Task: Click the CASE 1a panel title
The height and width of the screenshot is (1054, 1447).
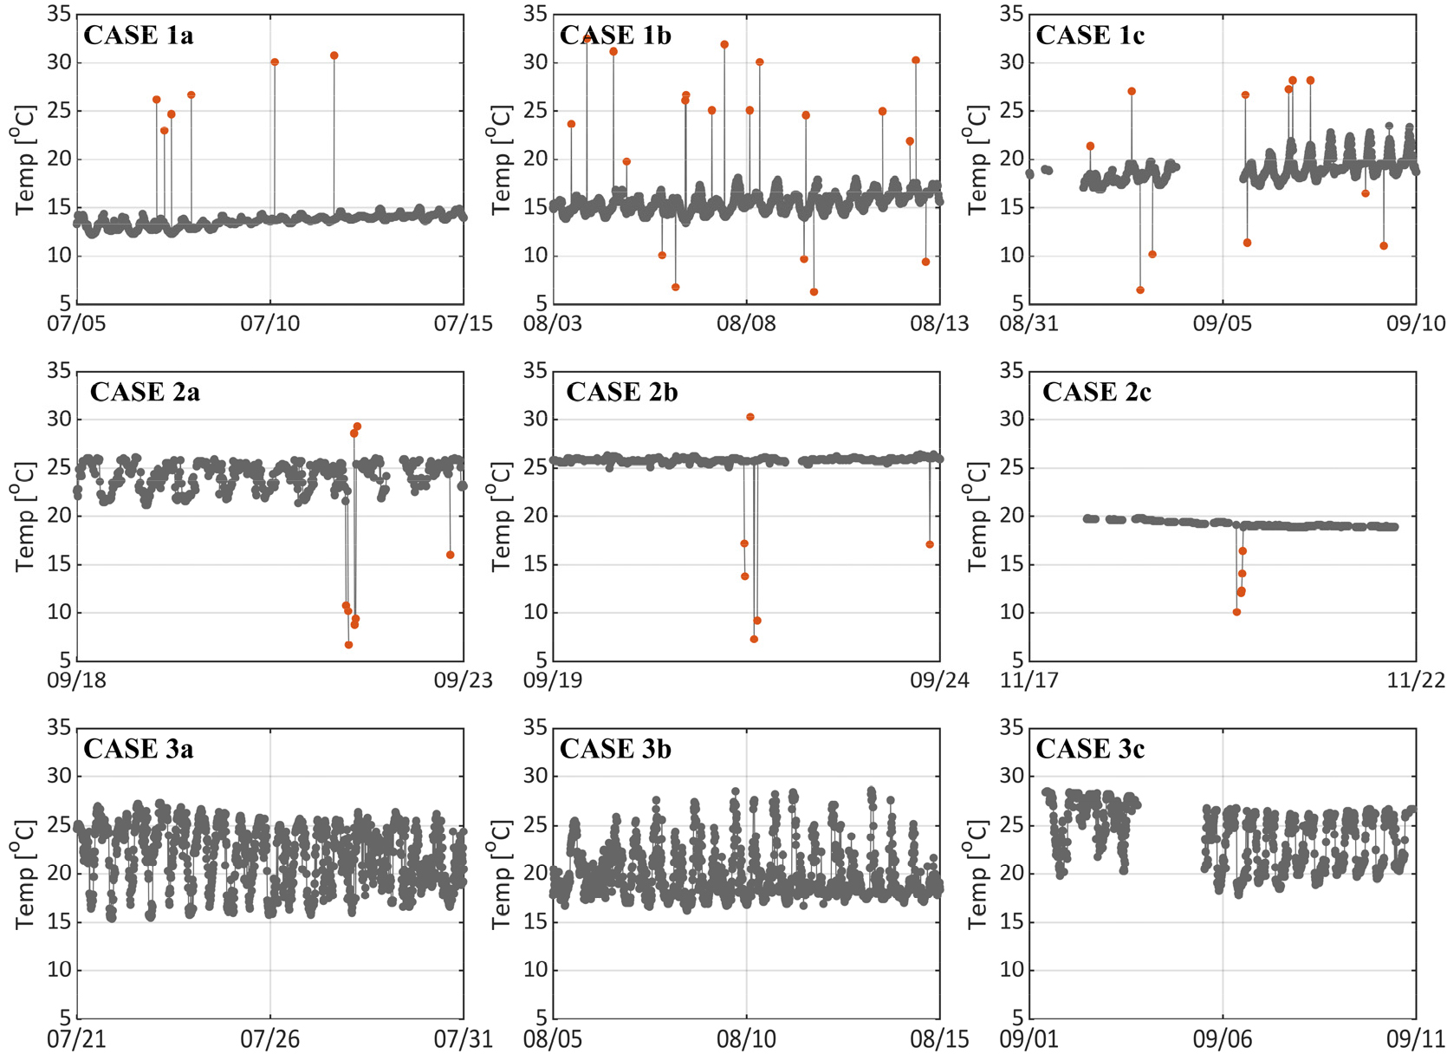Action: click(x=138, y=36)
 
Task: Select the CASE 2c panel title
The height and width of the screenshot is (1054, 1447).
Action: click(x=1096, y=393)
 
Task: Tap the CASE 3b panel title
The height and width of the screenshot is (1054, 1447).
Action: click(x=615, y=749)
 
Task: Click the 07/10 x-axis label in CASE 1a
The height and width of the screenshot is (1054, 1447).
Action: click(x=269, y=324)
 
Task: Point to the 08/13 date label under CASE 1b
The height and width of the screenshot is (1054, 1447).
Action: click(x=939, y=324)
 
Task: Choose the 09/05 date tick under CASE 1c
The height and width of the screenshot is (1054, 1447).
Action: click(x=1222, y=324)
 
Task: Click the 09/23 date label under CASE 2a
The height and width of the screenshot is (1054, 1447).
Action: click(x=463, y=680)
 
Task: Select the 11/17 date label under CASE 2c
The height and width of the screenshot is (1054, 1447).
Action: click(x=1029, y=680)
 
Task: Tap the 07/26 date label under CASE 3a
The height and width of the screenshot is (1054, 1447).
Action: click(x=269, y=1038)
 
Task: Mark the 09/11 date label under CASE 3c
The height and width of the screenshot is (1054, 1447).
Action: click(x=1416, y=1038)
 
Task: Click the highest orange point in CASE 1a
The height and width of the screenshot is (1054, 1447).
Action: click(x=334, y=55)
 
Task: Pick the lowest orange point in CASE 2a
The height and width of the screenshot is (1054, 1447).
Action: click(x=349, y=645)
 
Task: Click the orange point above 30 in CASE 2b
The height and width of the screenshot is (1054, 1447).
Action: click(x=750, y=417)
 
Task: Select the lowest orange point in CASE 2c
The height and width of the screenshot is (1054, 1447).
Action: click(x=1236, y=612)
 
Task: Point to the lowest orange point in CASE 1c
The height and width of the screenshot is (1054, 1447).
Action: click(x=1140, y=290)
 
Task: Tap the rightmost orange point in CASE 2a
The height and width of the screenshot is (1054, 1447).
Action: click(x=451, y=555)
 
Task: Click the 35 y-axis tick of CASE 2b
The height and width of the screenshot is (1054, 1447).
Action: click(x=535, y=371)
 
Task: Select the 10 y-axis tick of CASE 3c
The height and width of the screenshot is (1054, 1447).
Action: click(x=1012, y=970)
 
